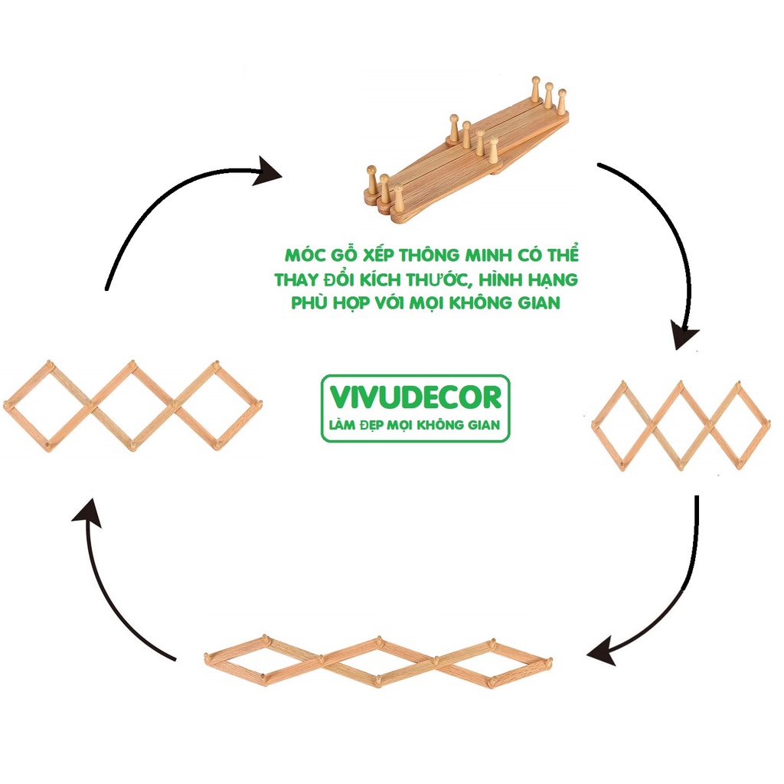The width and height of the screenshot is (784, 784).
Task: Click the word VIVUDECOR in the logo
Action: (416, 397)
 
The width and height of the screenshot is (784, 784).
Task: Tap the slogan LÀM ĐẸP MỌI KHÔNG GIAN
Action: (416, 424)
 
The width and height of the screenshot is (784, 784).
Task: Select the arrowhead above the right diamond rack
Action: (686, 335)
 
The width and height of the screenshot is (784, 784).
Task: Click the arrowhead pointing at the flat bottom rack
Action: (602, 653)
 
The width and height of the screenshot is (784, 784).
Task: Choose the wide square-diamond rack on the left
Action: (132, 403)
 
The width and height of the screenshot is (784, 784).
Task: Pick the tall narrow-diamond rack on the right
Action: (680, 425)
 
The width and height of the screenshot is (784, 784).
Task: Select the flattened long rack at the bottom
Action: (378, 660)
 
